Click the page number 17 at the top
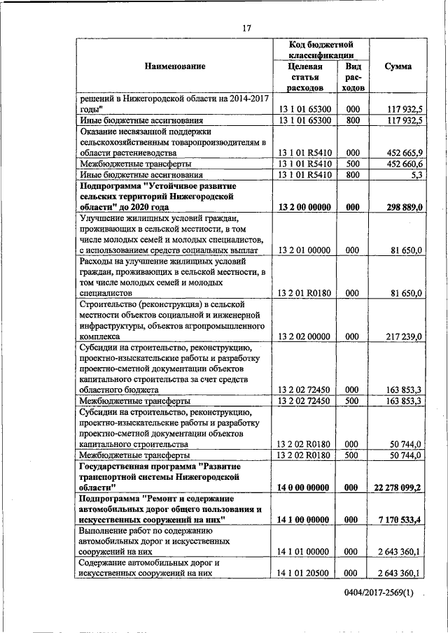[246, 28]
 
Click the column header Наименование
[175, 66]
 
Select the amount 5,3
[414, 175]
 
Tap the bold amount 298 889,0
[402, 207]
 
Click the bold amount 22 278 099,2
[396, 487]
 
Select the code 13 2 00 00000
[305, 207]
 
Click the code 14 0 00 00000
[305, 487]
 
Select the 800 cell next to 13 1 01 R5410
[354, 175]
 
